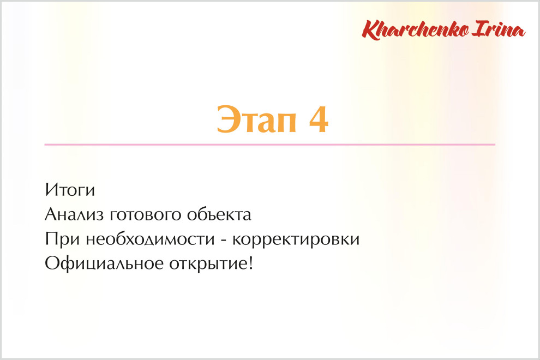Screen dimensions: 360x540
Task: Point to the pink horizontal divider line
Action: point(269,145)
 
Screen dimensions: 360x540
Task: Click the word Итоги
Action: point(70,190)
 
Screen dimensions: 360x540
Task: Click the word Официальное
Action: point(104,263)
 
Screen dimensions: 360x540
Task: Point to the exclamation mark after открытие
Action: point(251,263)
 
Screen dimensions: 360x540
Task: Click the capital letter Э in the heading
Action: point(227,119)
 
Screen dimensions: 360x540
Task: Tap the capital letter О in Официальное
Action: point(52,263)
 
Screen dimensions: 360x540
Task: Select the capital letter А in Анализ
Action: point(51,214)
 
